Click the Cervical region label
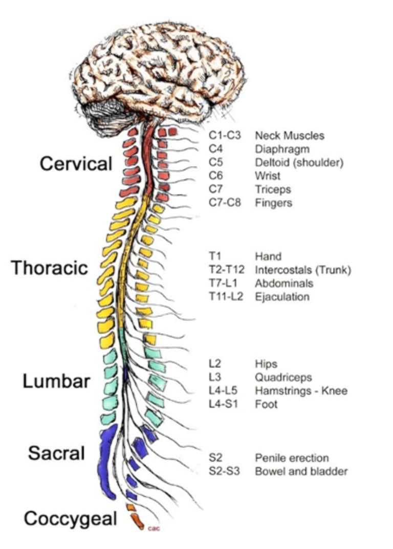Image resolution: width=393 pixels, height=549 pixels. point(76,164)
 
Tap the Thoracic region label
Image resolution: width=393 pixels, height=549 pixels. point(50,268)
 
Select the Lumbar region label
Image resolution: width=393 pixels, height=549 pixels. point(56,381)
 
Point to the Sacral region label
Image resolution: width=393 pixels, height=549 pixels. point(56,453)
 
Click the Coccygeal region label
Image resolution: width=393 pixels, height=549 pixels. point(71,519)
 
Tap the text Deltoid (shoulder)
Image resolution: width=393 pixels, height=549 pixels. point(299,163)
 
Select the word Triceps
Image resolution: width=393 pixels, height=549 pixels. point(273,189)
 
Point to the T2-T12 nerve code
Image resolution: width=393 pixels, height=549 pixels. point(226,270)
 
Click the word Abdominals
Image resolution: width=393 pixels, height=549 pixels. point(284,283)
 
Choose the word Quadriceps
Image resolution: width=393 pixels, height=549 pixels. point(283,378)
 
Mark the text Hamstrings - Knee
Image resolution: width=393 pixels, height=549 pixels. point(301,391)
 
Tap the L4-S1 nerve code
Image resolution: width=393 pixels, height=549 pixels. point(221,404)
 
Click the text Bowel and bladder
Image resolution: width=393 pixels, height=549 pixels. point(301,471)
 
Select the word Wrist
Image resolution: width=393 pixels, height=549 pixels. point(266,176)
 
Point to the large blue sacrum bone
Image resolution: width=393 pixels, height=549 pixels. point(106,460)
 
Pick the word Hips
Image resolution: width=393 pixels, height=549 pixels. point(266,364)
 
